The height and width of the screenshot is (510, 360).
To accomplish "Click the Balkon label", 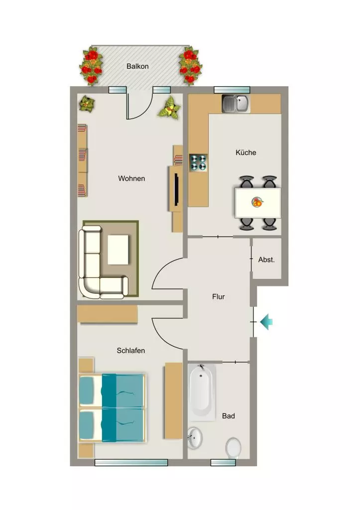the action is [137, 66].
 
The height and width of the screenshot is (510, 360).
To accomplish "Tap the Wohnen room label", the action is [131, 179].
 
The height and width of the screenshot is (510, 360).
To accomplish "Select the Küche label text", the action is [246, 152].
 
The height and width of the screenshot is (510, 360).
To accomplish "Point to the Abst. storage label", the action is [266, 259].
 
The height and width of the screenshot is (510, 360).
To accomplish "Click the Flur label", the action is [219, 297].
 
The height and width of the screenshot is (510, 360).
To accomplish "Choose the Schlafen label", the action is [131, 351].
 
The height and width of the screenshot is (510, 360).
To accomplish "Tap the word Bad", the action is [228, 416].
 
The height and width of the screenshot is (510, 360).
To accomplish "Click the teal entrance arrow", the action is [266, 322].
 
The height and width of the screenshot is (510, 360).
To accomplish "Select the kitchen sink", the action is [236, 104].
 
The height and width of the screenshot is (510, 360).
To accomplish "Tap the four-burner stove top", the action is [198, 163].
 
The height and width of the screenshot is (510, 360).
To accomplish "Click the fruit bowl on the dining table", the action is [257, 202].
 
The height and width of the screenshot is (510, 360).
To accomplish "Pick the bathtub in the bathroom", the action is [202, 392].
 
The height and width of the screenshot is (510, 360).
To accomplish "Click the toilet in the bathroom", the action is [233, 448].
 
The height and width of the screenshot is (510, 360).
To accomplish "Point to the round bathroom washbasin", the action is [195, 437].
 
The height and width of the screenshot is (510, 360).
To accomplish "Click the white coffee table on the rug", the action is [118, 250].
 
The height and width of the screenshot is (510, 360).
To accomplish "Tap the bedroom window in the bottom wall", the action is [131, 463].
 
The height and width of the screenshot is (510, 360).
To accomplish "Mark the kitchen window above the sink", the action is [232, 90].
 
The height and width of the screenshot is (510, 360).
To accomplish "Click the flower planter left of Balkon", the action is [91, 66].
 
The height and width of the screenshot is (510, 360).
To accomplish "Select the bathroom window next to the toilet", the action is [223, 463].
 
